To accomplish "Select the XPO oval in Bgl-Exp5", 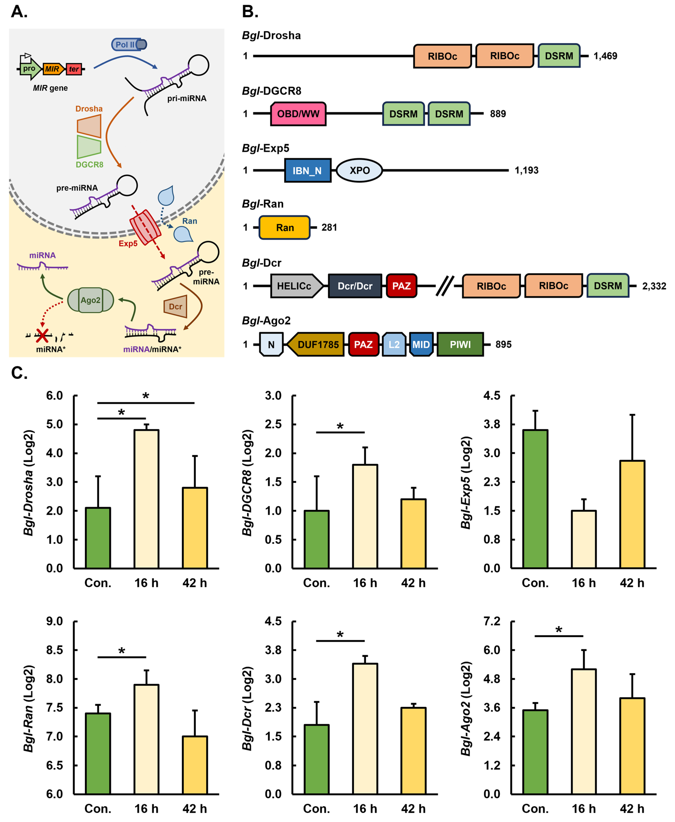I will pos(359,170).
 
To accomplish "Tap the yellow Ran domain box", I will pos(285,228).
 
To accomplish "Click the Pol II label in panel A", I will pos(125,45).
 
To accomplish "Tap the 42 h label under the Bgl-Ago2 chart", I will pos(632,809).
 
